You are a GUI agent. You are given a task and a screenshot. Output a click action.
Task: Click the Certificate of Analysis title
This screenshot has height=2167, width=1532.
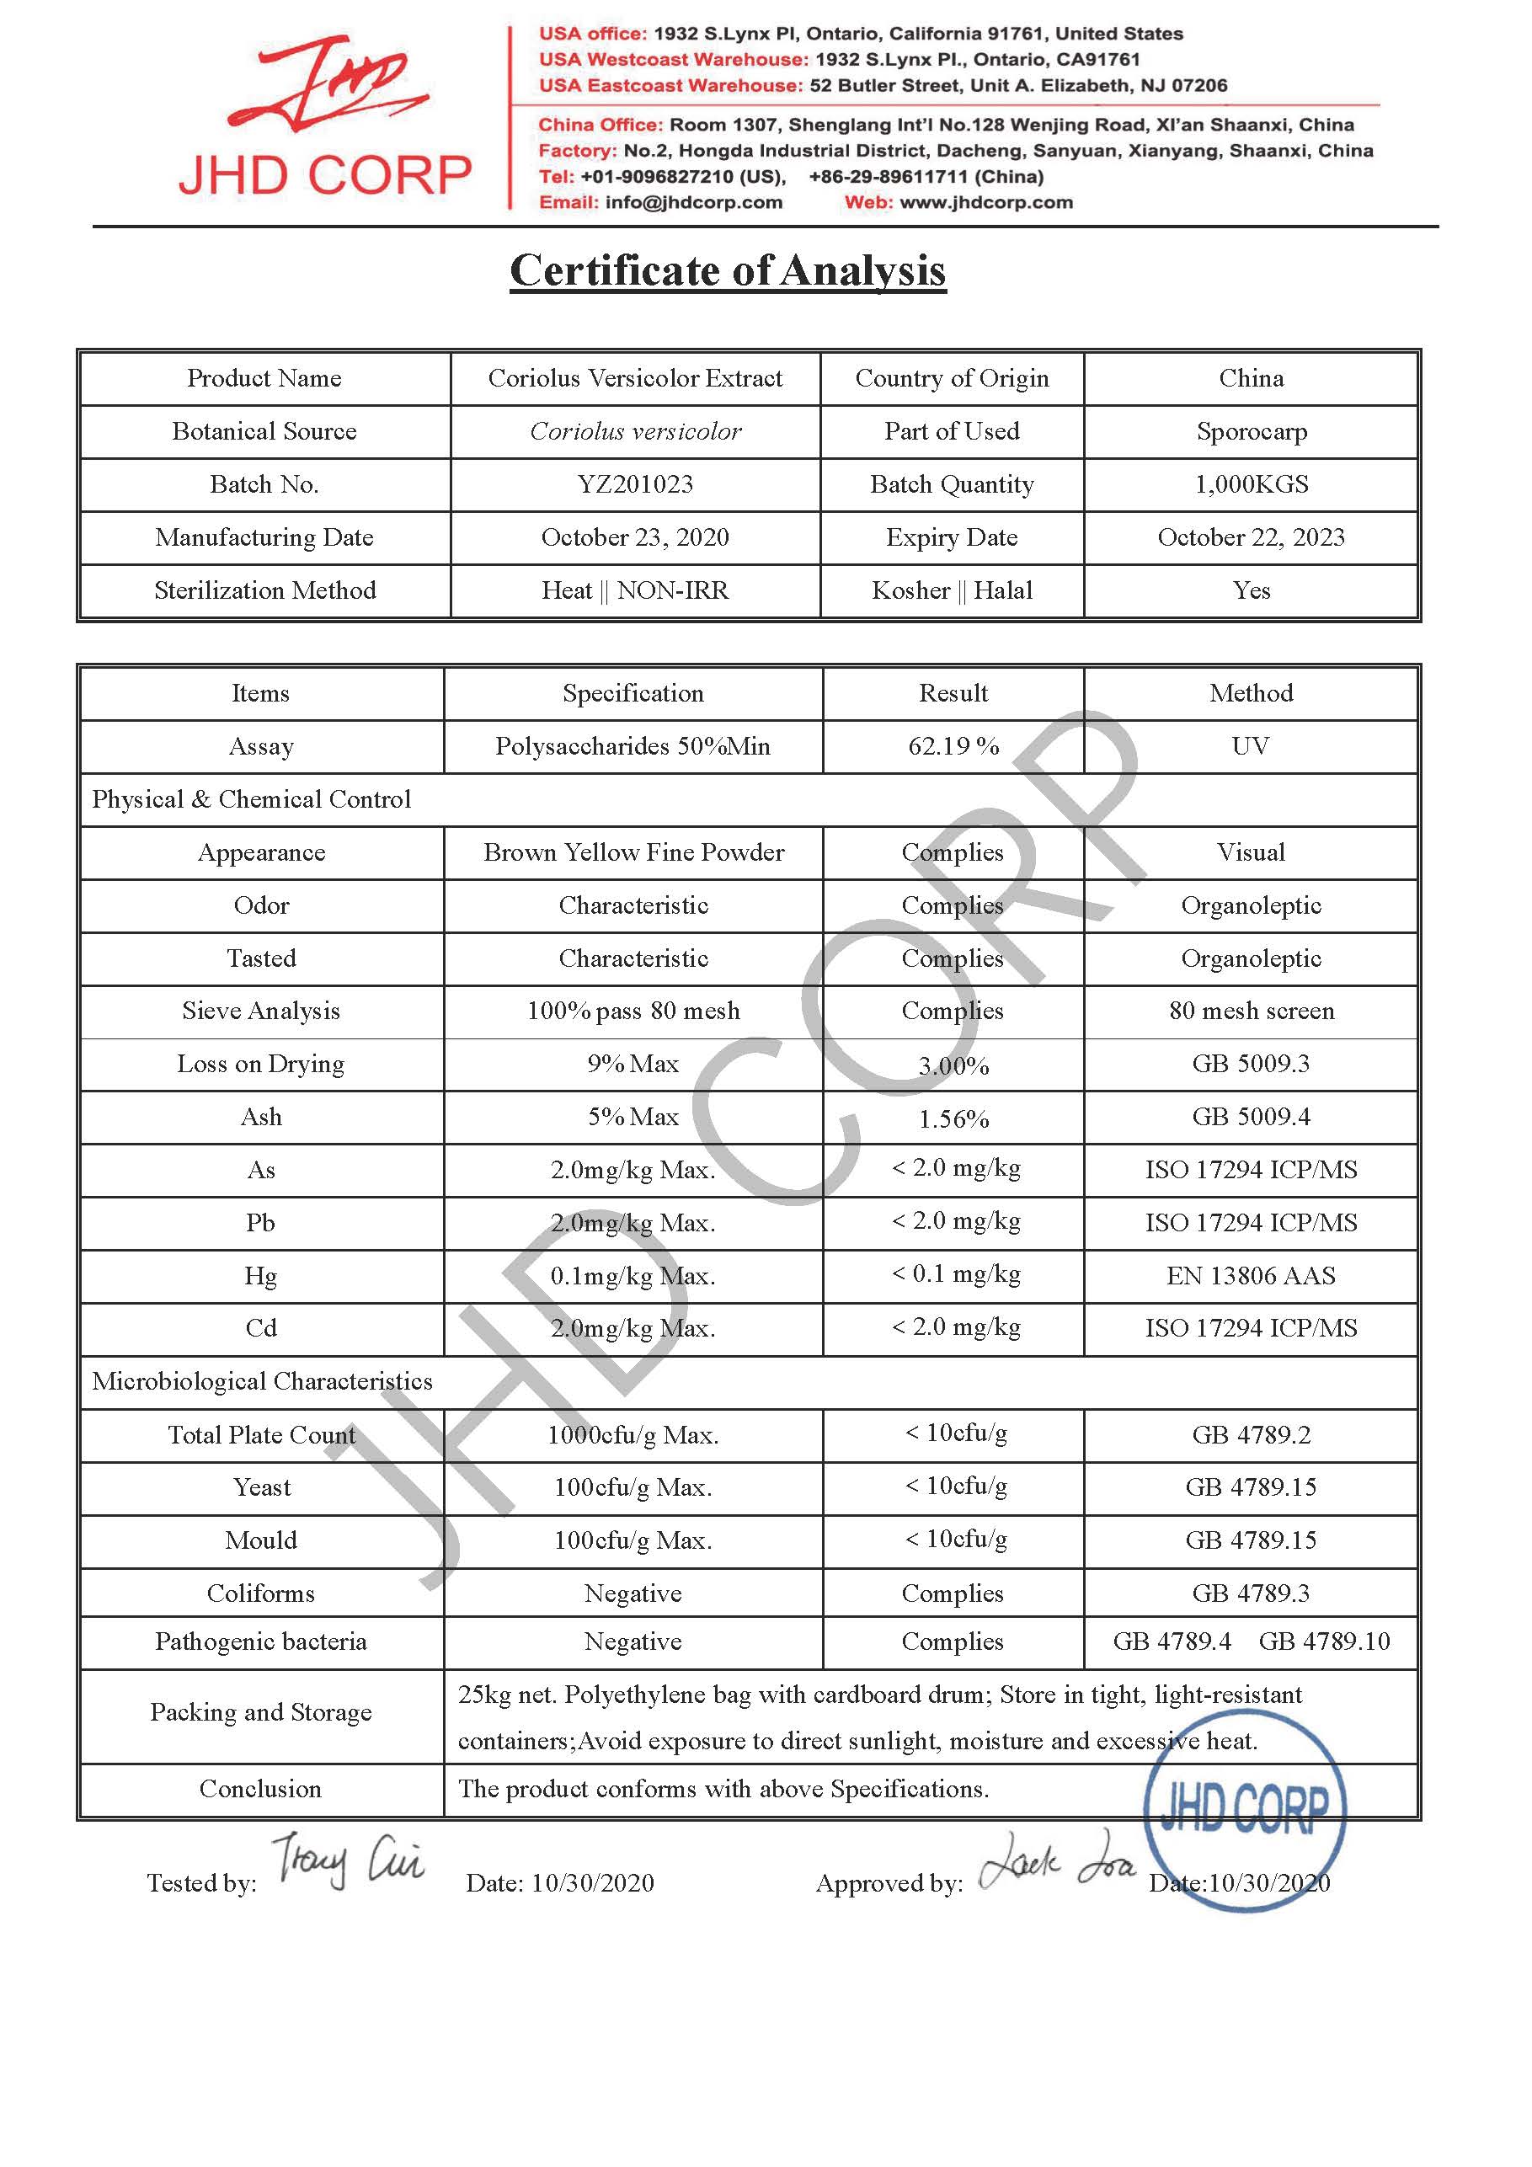(727, 272)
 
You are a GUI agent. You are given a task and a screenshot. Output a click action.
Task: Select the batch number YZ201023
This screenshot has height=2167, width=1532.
(635, 485)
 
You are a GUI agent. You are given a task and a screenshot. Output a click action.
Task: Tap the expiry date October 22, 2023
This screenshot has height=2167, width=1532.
(1251, 538)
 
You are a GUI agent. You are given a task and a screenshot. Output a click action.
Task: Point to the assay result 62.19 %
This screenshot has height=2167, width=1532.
(953, 746)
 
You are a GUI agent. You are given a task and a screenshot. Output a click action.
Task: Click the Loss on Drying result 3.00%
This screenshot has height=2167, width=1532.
(953, 1066)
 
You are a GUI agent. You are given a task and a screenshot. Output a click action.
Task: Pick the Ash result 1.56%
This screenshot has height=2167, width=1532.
(953, 1119)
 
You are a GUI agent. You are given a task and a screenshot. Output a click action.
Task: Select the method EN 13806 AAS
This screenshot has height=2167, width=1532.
(1251, 1276)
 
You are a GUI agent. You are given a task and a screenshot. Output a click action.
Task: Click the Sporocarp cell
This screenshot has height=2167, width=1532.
(1251, 432)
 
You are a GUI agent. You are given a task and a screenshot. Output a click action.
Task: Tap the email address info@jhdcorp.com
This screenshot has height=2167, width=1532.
(694, 203)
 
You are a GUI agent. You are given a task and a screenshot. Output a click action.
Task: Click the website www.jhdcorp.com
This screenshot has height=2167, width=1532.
(986, 203)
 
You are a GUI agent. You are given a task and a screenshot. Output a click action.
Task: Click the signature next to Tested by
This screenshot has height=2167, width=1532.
(346, 1861)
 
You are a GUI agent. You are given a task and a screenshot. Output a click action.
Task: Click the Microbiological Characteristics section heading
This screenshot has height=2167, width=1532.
(263, 1382)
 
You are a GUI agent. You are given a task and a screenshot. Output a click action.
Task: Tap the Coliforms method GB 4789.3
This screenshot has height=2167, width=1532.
(1251, 1594)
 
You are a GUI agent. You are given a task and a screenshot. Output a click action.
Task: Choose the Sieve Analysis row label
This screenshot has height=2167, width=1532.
(261, 1011)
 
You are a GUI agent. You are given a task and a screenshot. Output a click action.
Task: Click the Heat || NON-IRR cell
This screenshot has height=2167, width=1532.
(635, 591)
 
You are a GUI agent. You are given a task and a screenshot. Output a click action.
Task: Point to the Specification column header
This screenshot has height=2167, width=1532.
(633, 694)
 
